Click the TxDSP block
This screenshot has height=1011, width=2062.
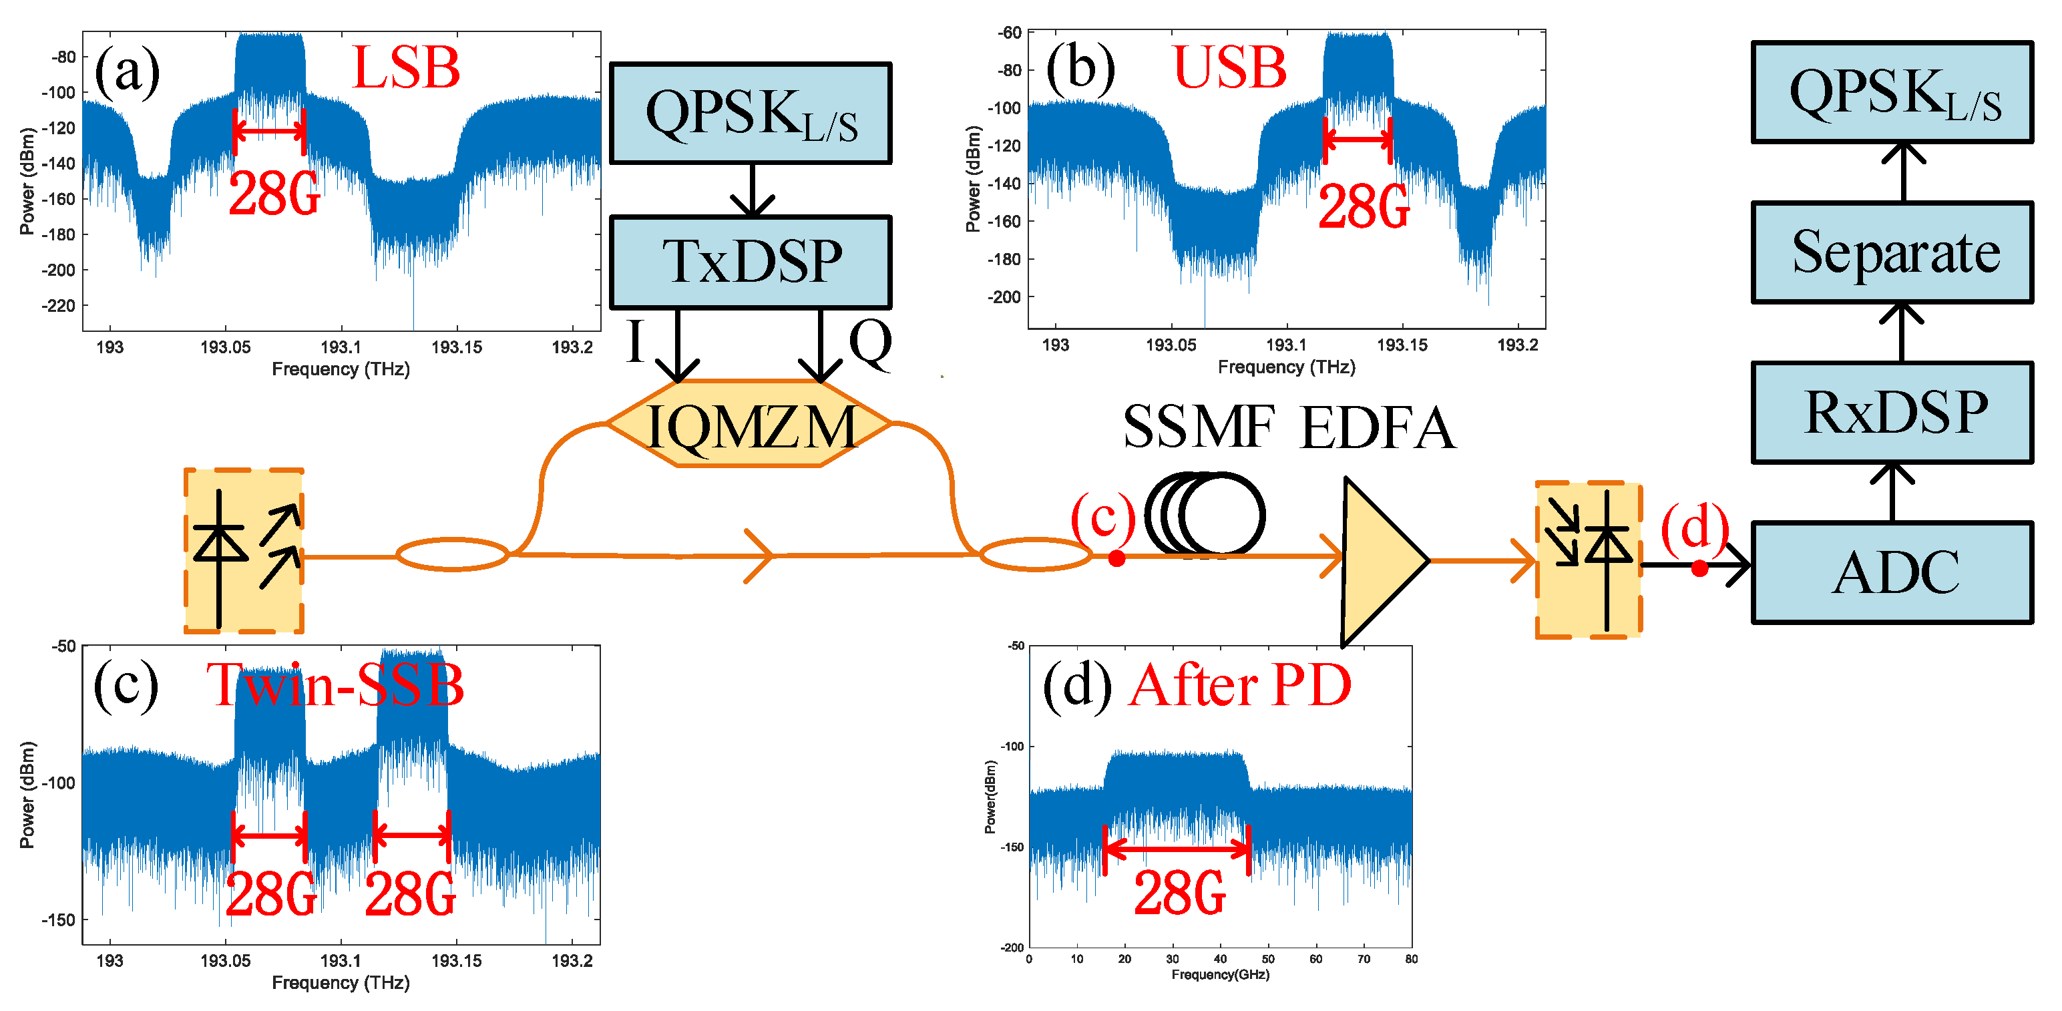(x=750, y=262)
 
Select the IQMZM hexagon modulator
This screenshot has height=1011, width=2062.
(x=750, y=423)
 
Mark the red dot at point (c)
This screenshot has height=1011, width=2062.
(x=1116, y=559)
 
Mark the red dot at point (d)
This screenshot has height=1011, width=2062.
(x=1699, y=568)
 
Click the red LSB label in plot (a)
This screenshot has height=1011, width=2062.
(x=406, y=67)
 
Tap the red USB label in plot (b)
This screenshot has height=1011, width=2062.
(x=1229, y=67)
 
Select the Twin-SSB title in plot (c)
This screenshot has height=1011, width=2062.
(x=335, y=685)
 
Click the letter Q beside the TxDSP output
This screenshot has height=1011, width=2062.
(x=870, y=343)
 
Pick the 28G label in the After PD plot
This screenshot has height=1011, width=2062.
(x=1179, y=893)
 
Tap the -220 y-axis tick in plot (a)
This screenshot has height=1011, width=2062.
(x=57, y=306)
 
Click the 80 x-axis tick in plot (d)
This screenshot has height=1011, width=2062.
(x=1410, y=959)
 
